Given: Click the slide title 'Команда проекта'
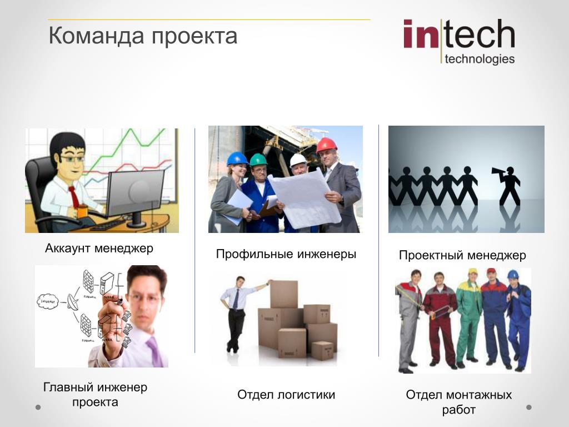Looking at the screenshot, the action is click(143, 36).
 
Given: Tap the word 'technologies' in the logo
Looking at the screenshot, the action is click(480, 59).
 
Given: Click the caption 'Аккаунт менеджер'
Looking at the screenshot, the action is click(99, 249).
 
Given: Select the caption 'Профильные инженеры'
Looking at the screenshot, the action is click(286, 254).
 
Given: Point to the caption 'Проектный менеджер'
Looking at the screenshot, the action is click(462, 255).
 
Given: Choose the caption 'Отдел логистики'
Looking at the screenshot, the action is click(286, 394).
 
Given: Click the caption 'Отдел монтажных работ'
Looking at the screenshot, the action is click(458, 402).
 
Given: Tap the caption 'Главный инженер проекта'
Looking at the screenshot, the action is click(95, 395).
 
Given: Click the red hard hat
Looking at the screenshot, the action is click(326, 145).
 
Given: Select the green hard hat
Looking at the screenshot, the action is click(258, 160).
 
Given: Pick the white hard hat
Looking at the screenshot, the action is click(298, 160).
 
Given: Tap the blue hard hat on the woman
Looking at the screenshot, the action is click(237, 158).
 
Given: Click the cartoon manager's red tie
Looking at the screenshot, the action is click(74, 196).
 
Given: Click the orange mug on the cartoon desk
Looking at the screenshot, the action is click(82, 211).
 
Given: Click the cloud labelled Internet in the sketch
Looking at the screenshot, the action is click(48, 301).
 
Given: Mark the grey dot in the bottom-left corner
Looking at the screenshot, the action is click(38, 408).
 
